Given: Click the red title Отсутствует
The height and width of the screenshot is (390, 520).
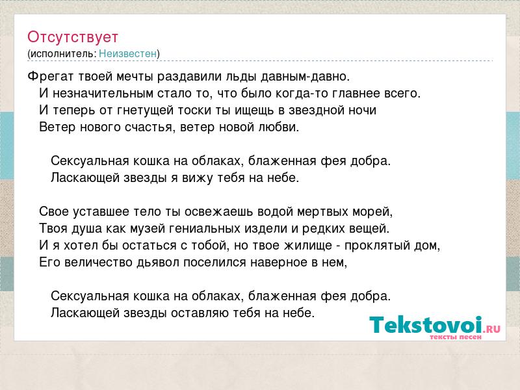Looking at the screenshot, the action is (x=73, y=37).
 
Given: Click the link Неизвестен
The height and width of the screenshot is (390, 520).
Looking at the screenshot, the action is (x=127, y=53).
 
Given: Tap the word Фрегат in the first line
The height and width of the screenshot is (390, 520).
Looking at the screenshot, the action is (x=51, y=77).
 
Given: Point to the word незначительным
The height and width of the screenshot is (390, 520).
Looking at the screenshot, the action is (x=103, y=93).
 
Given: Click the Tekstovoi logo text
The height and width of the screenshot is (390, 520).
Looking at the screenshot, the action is (x=426, y=324).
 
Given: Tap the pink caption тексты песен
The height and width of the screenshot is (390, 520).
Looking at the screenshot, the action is (x=456, y=337).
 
